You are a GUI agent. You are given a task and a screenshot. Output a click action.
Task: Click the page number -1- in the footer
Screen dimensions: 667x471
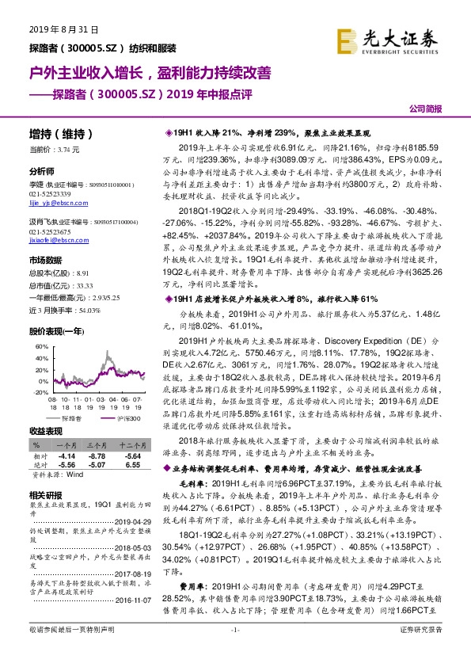click(x=235, y=650)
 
